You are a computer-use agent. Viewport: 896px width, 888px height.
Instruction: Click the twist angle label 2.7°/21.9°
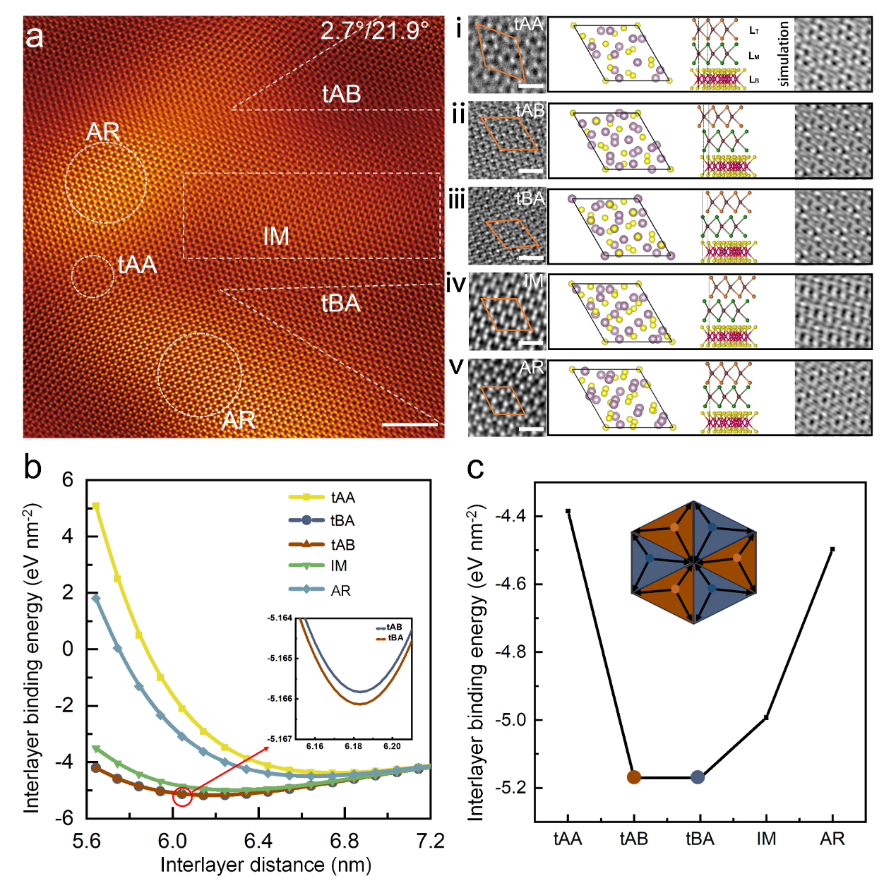[x=374, y=30]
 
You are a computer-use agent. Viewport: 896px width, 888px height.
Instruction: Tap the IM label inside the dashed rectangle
[x=276, y=236]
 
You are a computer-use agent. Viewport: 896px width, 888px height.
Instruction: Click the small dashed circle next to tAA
[x=92, y=276]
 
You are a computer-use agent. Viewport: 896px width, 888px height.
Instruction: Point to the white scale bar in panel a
[x=410, y=424]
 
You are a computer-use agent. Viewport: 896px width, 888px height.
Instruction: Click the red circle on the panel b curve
[x=182, y=796]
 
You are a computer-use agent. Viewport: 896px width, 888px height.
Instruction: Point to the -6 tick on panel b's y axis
[x=67, y=817]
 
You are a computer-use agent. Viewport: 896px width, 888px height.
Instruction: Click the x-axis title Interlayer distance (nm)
[x=265, y=865]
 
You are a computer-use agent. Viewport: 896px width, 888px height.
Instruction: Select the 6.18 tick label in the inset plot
[x=354, y=746]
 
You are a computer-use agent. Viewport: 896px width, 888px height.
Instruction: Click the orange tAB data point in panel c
[x=634, y=777]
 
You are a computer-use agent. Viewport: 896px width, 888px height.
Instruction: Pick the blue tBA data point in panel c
[x=698, y=777]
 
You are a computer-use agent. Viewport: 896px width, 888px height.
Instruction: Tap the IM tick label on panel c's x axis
[x=766, y=839]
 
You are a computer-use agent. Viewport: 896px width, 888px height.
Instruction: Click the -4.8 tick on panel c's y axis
[x=510, y=652]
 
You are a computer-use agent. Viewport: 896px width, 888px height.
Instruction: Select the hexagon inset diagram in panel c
[x=693, y=563]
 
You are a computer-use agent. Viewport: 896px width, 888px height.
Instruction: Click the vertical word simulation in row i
[x=784, y=54]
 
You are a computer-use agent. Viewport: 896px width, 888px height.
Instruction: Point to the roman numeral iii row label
[x=457, y=200]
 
